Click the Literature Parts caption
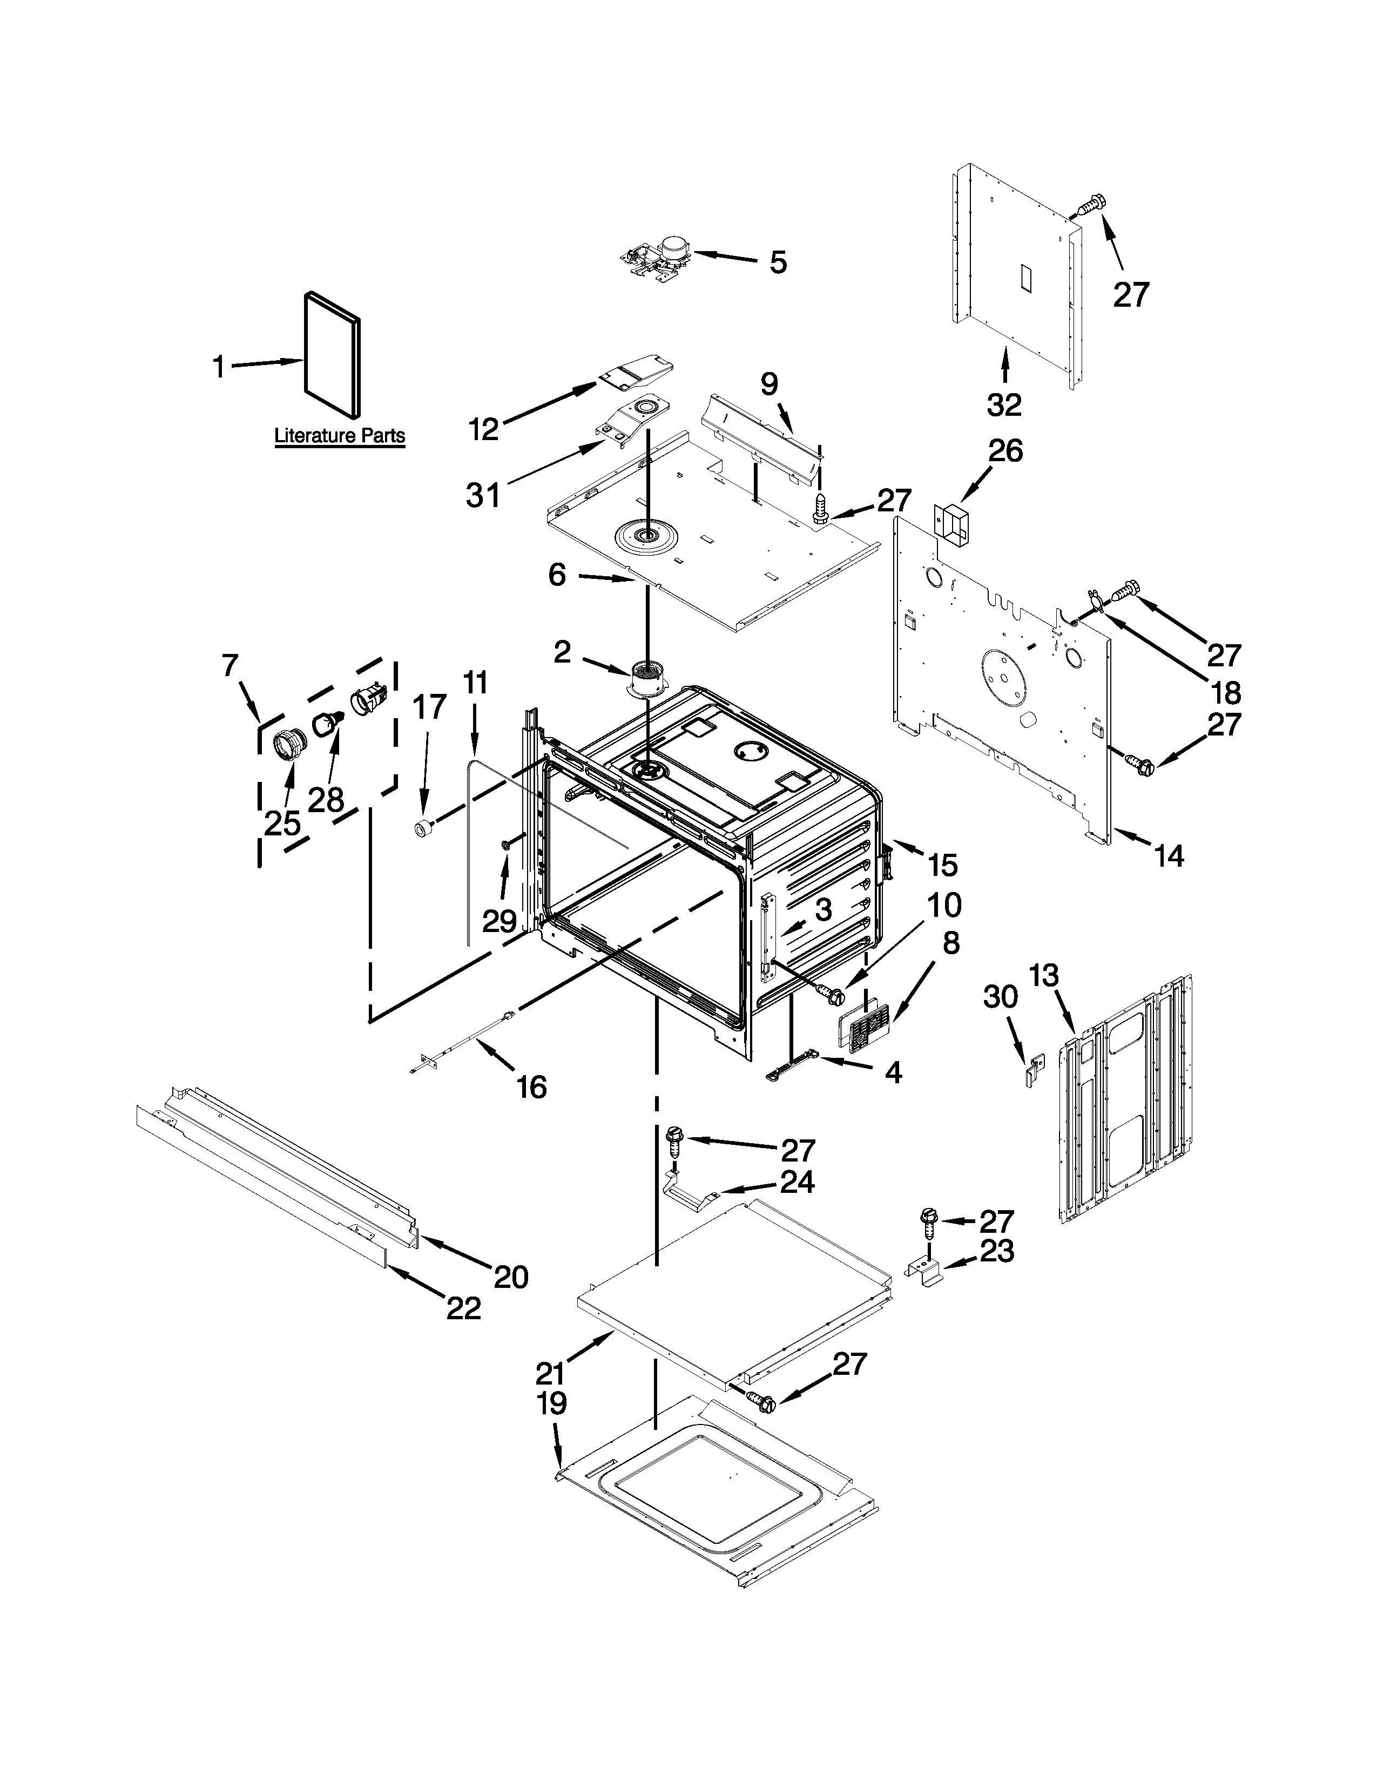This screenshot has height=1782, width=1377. pyautogui.click(x=339, y=436)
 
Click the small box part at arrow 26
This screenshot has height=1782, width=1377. pyautogui.click(x=949, y=522)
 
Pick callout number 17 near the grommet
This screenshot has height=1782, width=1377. pyautogui.click(x=430, y=707)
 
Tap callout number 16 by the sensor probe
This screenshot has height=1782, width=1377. pyautogui.click(x=532, y=1087)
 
